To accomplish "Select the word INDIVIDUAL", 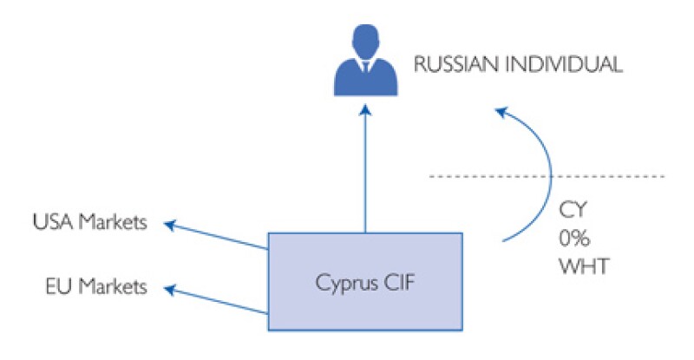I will (x=566, y=65).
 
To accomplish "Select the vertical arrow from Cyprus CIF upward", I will (x=364, y=173).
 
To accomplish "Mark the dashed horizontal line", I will (x=607, y=176).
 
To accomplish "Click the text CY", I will (x=573, y=209).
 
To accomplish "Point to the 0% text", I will (x=576, y=237).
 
